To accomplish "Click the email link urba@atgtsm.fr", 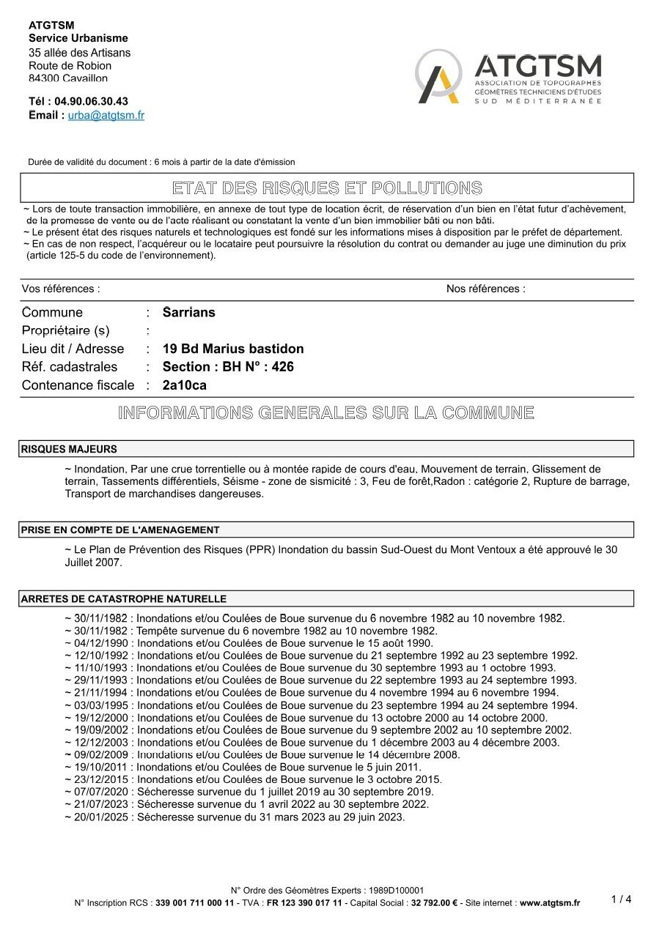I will click(x=106, y=115).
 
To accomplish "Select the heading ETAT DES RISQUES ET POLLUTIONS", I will click(x=327, y=188).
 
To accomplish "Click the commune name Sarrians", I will click(x=189, y=312).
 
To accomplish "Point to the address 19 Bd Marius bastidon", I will click(x=233, y=349).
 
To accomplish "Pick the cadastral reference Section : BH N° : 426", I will click(x=228, y=366).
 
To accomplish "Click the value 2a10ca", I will click(x=185, y=385).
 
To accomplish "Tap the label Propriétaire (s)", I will click(x=65, y=330).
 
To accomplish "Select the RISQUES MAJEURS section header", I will click(x=69, y=449).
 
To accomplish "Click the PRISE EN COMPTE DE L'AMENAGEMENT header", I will click(x=120, y=530).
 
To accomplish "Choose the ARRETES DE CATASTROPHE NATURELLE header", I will click(x=124, y=599).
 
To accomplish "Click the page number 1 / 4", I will click(x=621, y=899).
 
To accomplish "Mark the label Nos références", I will click(x=485, y=289).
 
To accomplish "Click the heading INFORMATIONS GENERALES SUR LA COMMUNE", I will click(x=326, y=412).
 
